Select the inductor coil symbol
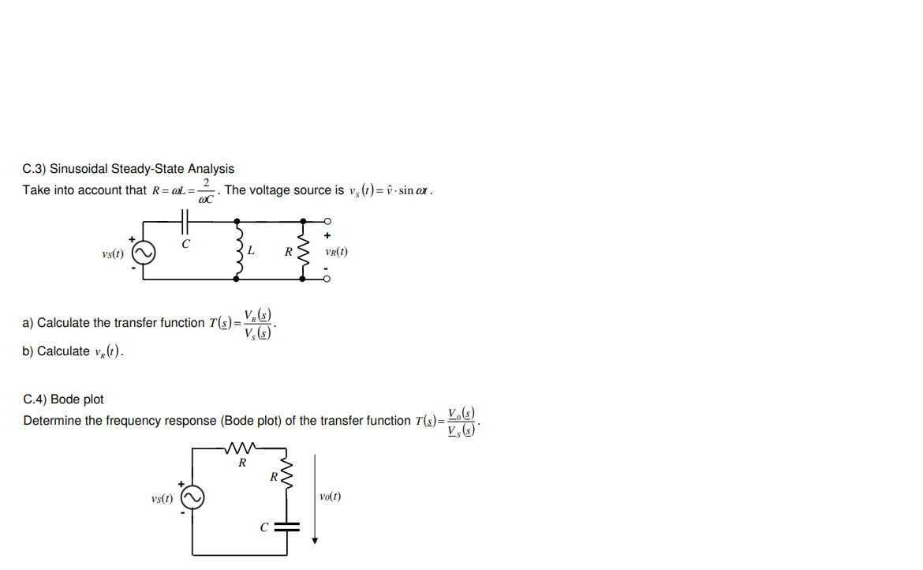coord(238,251)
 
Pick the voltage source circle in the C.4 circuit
coord(193,498)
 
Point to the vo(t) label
coord(331,497)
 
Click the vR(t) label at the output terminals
coord(336,253)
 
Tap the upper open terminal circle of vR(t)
coord(327,221)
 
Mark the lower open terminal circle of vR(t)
coord(327,279)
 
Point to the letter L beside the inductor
coord(251,251)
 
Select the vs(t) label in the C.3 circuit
coord(113,253)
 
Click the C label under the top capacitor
coord(185,244)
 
